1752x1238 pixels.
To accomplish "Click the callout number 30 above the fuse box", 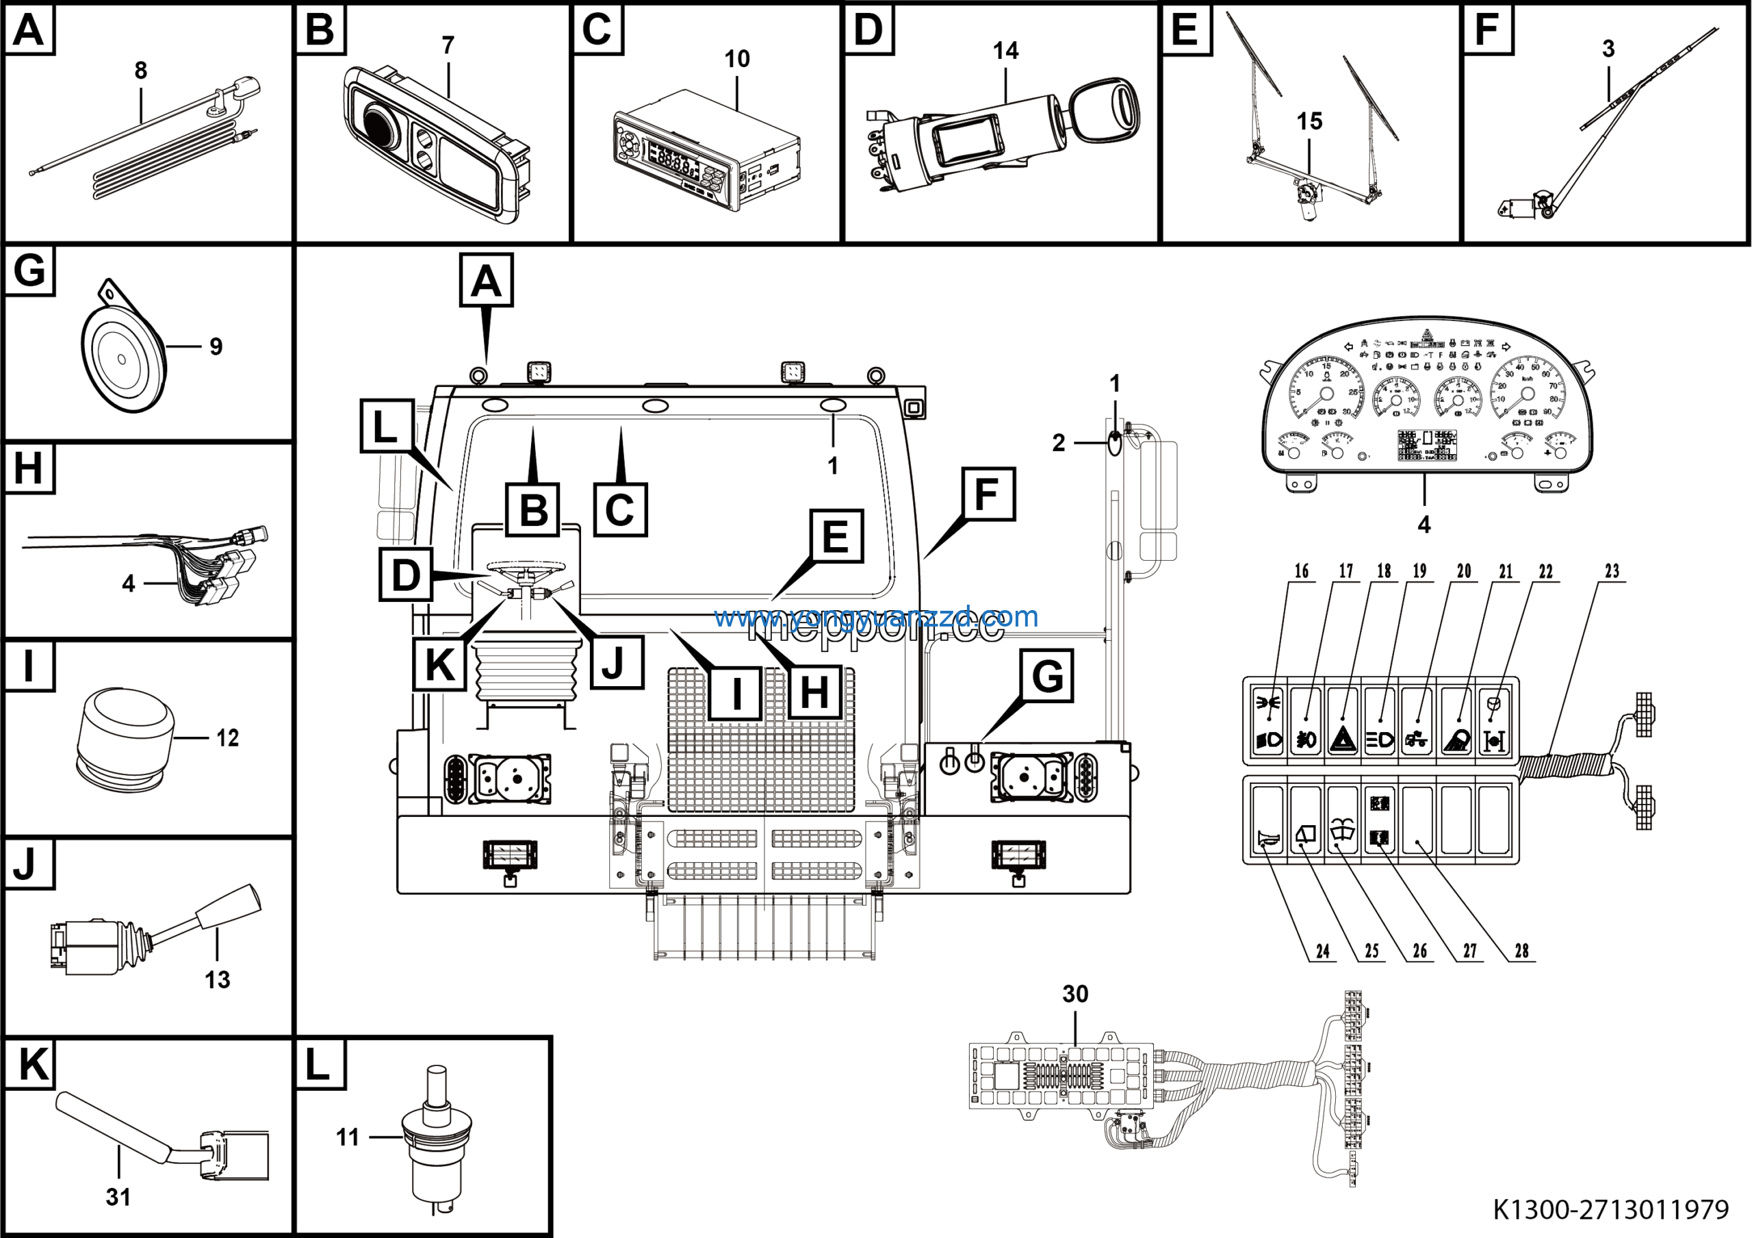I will click(x=1075, y=994).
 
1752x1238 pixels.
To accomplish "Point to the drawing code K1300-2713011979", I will click(x=1610, y=1209).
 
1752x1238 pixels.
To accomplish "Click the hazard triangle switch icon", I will click(x=1342, y=739).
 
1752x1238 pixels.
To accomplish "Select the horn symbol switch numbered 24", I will click(x=1267, y=839).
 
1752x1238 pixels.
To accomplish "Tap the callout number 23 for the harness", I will click(x=1612, y=571).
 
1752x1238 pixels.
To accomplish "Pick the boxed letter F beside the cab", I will click(x=987, y=494).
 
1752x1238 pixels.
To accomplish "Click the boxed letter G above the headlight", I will click(x=1047, y=675).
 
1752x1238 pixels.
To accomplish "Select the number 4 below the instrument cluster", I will click(x=1424, y=525).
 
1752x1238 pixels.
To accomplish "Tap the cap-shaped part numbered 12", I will click(x=125, y=737).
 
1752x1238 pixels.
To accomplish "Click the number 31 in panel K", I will click(x=118, y=1197).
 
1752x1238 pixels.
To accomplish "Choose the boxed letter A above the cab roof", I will click(x=486, y=280).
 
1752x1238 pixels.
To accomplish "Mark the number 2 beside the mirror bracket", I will click(x=1058, y=443).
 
